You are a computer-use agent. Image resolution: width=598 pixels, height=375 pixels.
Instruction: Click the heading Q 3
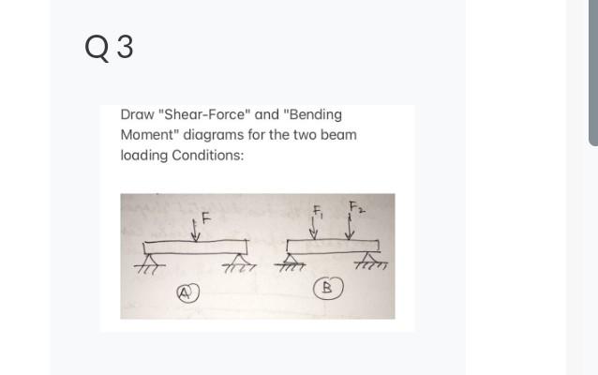[108, 46]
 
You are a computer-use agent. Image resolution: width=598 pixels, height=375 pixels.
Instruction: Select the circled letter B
[328, 288]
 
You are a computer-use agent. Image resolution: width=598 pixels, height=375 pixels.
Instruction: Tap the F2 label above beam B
[355, 205]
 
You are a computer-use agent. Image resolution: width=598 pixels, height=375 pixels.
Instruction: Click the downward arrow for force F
[196, 231]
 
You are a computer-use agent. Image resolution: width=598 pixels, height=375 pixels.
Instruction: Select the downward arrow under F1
[314, 231]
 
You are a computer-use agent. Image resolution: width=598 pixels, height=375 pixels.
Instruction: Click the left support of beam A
[148, 260]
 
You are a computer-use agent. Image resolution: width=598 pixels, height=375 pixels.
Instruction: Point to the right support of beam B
[372, 261]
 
